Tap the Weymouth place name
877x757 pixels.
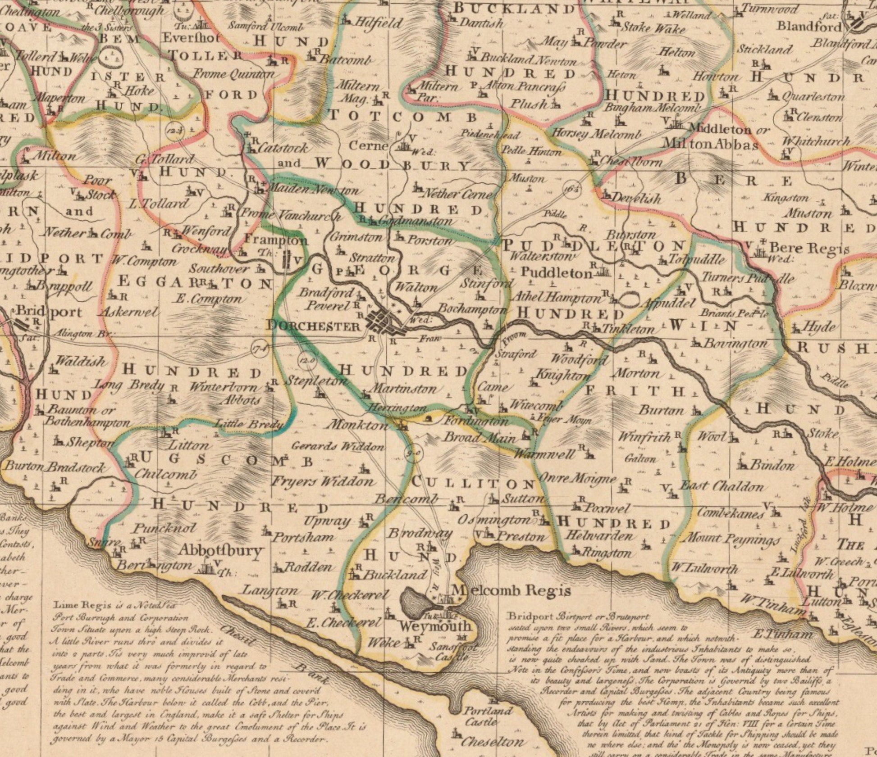coord(435,626)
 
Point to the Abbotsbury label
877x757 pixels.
coord(221,550)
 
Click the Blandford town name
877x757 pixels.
coord(809,26)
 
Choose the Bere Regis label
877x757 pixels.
coord(809,248)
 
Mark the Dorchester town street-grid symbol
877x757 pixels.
coord(384,322)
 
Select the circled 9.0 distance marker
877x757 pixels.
coord(415,453)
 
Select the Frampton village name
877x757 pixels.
coord(276,240)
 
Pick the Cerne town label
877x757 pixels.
coord(368,146)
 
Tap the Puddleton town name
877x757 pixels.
coord(557,273)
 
